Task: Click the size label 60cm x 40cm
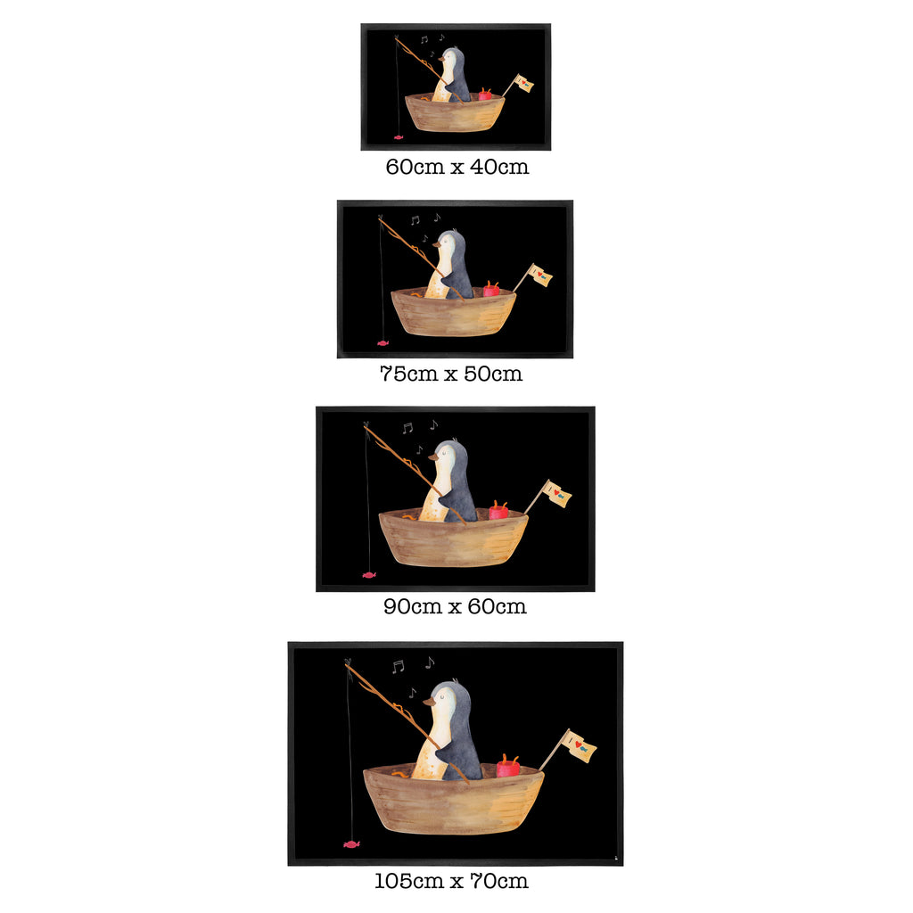[457, 167]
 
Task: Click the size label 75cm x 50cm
[450, 374]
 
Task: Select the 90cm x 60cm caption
[455, 606]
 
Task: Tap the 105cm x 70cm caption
[451, 881]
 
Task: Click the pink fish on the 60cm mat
[399, 137]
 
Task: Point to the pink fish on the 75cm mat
[382, 343]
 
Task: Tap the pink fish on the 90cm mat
[369, 575]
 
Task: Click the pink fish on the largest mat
[351, 843]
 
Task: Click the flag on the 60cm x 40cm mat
[524, 84]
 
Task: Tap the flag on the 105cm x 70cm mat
[580, 746]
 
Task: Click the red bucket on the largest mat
[508, 765]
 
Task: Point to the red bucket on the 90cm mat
[498, 510]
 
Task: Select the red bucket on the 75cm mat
[491, 289]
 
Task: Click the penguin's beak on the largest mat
[429, 703]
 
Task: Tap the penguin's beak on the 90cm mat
[434, 458]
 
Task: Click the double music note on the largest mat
[399, 666]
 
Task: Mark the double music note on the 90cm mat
[407, 428]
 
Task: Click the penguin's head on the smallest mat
[454, 58]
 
